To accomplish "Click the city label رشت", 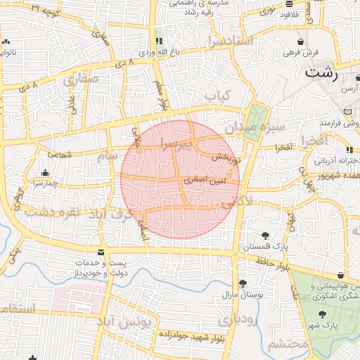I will click(322, 72).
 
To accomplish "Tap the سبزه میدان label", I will click(255, 129).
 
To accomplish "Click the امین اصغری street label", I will click(205, 180).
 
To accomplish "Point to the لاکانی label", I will click(237, 203).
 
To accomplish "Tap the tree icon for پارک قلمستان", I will click(265, 236).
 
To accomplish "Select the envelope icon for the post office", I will click(102, 252).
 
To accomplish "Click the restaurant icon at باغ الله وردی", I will click(158, 41).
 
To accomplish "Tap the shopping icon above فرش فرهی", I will click(301, 41).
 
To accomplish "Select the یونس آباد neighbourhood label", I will click(124, 322).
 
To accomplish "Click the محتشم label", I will click(288, 345).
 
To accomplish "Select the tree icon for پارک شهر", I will click(322, 315).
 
